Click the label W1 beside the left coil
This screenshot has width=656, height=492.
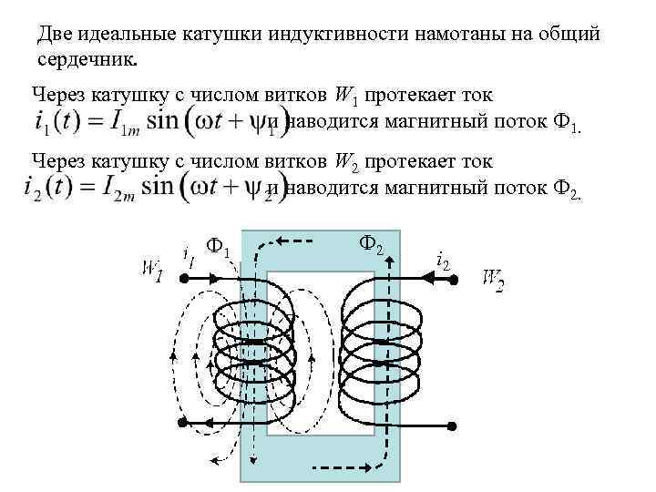click(x=151, y=271)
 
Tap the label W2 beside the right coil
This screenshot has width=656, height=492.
click(x=493, y=279)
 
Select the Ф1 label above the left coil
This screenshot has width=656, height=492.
click(x=220, y=247)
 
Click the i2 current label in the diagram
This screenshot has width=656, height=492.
click(x=443, y=261)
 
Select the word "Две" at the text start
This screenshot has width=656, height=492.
click(x=54, y=34)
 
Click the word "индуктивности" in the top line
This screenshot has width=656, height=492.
click(x=336, y=34)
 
